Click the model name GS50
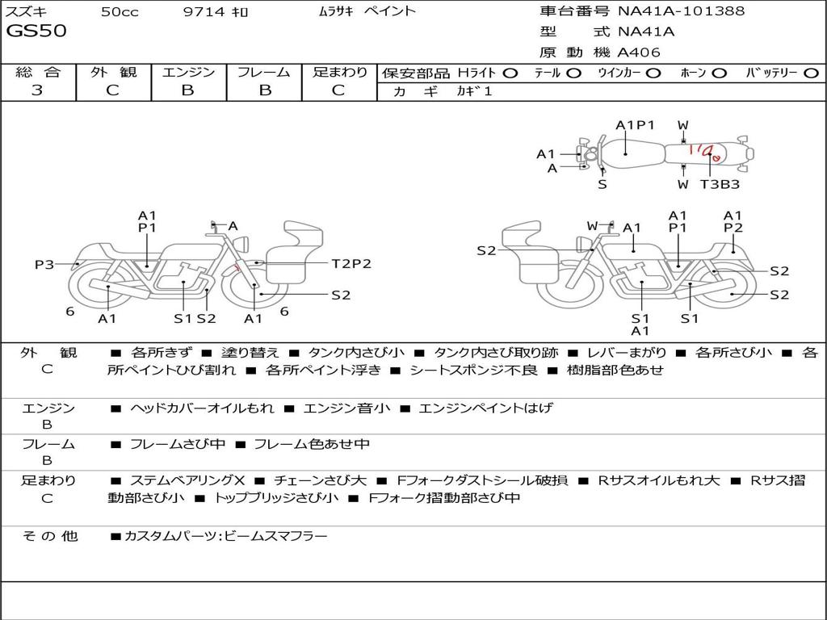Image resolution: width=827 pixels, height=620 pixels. click(x=36, y=31)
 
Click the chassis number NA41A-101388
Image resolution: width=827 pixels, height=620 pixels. click(x=682, y=10)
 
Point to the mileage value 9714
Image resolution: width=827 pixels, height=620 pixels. click(x=204, y=11)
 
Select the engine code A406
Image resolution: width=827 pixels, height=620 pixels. click(x=639, y=52)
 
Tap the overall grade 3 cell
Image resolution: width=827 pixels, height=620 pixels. click(x=37, y=90)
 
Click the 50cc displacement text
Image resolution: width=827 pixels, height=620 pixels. click(x=120, y=11)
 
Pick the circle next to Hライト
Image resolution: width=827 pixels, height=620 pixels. click(x=510, y=73)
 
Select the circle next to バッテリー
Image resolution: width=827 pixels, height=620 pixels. click(x=811, y=73)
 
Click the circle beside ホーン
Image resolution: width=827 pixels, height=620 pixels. click(x=719, y=73)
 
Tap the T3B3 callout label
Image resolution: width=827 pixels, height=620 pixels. click(x=720, y=184)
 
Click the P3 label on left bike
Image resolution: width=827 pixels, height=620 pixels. click(x=44, y=264)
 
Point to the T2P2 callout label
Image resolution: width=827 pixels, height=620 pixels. click(x=351, y=263)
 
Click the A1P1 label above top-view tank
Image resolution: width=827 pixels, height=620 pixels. click(x=635, y=125)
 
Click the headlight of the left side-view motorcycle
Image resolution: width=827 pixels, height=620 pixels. click(x=243, y=245)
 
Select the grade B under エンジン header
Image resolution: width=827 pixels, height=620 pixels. click(x=187, y=90)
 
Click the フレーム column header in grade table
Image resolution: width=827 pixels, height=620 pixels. click(x=264, y=73)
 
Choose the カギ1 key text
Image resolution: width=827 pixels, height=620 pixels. click(x=474, y=91)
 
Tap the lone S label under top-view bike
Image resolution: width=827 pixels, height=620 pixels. click(x=602, y=184)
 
